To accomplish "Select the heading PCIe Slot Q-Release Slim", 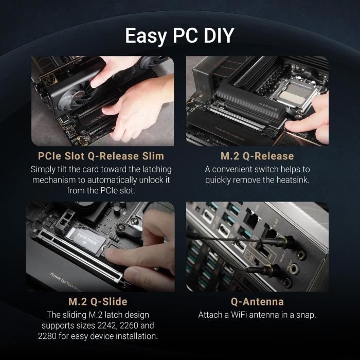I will tap(101, 156).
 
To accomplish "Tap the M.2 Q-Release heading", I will tap(257, 156).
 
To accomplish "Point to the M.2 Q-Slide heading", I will tap(98, 301).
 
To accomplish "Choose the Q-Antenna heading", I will tap(257, 301).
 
